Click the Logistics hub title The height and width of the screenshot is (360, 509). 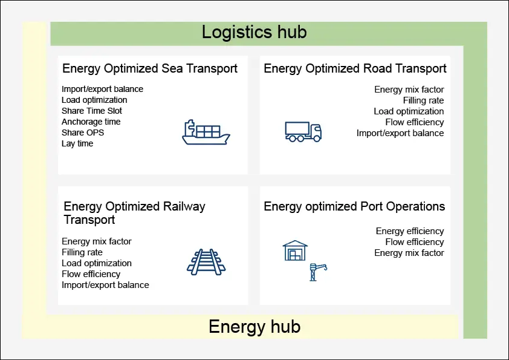pos(254,32)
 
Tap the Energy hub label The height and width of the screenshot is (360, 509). pos(254,327)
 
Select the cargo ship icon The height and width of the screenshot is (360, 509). pos(206,133)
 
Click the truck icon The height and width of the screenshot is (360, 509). pos(303,131)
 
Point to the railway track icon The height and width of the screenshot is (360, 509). pos(206,262)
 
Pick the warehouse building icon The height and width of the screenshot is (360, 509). pos(295,250)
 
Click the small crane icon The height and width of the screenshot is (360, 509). pos(318,272)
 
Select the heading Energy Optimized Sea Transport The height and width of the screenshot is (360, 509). pos(150,68)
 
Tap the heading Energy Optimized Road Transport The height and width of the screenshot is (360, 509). pos(355,68)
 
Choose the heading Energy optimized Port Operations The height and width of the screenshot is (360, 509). pos(354,207)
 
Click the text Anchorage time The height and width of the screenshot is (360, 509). pos(91,122)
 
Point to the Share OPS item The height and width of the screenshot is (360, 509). pos(83,133)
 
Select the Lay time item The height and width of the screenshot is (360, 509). pos(77,143)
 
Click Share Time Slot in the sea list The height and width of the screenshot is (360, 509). pos(91,111)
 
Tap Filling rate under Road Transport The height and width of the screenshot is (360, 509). pos(423,100)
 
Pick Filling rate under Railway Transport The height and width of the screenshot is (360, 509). pos(82,252)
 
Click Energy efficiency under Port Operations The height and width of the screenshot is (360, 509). pos(410,231)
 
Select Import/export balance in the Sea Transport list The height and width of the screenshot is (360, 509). pos(102,89)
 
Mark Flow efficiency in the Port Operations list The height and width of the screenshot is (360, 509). pos(415,242)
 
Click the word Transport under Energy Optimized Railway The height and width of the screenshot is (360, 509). pos(89,220)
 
